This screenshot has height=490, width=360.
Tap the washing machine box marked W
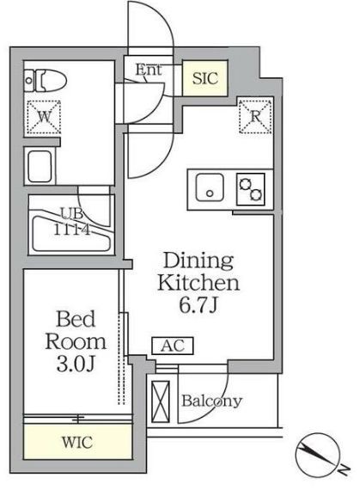coord(44,117)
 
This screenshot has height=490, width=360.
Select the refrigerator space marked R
coord(255,116)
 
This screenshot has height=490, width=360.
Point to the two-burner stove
coord(251,189)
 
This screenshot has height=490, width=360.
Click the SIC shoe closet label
coord(204,78)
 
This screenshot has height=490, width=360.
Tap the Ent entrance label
coord(149,70)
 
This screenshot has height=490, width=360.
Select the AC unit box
coord(173,346)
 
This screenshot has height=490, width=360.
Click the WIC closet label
coord(77,443)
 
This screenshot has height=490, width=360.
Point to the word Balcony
coord(212,401)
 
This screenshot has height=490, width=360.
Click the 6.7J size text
coord(198,305)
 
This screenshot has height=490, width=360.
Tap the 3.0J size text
coord(76,364)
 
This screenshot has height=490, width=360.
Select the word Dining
coord(198,261)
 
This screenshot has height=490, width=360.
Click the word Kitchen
coord(198,283)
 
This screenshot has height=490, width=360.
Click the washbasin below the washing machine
coord(40,166)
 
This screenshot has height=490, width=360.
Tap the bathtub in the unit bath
coord(71,230)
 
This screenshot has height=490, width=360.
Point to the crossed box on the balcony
coord(161,401)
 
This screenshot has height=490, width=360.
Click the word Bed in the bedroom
coord(76,319)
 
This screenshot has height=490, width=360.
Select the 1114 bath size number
coord(72,230)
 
